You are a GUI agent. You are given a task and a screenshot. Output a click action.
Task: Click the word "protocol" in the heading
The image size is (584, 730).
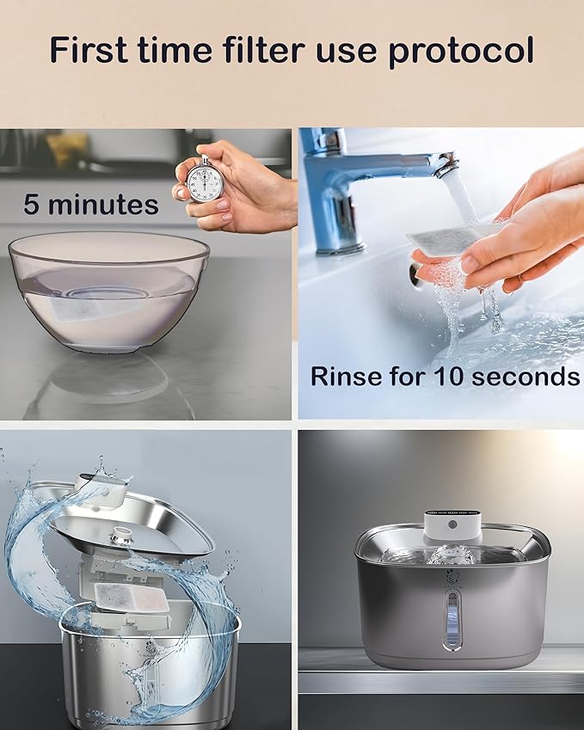[462, 51]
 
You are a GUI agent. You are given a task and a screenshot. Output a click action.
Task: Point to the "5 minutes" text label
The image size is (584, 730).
[91, 205]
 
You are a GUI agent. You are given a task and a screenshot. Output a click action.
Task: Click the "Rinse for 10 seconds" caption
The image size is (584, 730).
[445, 377]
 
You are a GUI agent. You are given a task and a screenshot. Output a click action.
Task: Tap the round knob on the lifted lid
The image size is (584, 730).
[121, 534]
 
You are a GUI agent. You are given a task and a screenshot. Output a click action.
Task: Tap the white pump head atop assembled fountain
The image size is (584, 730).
[452, 525]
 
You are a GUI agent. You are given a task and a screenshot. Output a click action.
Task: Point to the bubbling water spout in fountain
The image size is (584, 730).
[452, 554]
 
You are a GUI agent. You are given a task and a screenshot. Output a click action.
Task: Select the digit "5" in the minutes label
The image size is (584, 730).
[32, 205]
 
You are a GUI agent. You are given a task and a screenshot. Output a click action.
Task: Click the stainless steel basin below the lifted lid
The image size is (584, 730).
[146, 671]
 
